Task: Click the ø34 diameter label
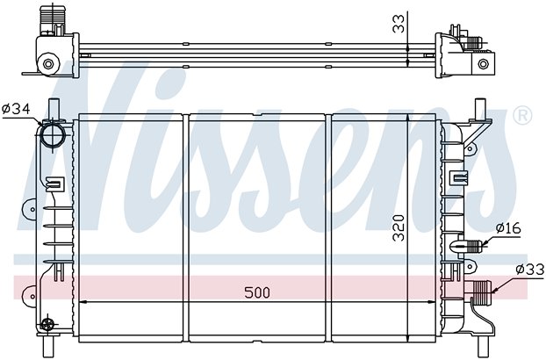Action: click(16, 110)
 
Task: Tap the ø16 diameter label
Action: click(508, 228)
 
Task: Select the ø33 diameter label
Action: click(529, 270)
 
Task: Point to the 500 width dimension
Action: click(257, 292)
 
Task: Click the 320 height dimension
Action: click(399, 228)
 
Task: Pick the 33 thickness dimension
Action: click(399, 24)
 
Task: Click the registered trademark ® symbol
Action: click(522, 116)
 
